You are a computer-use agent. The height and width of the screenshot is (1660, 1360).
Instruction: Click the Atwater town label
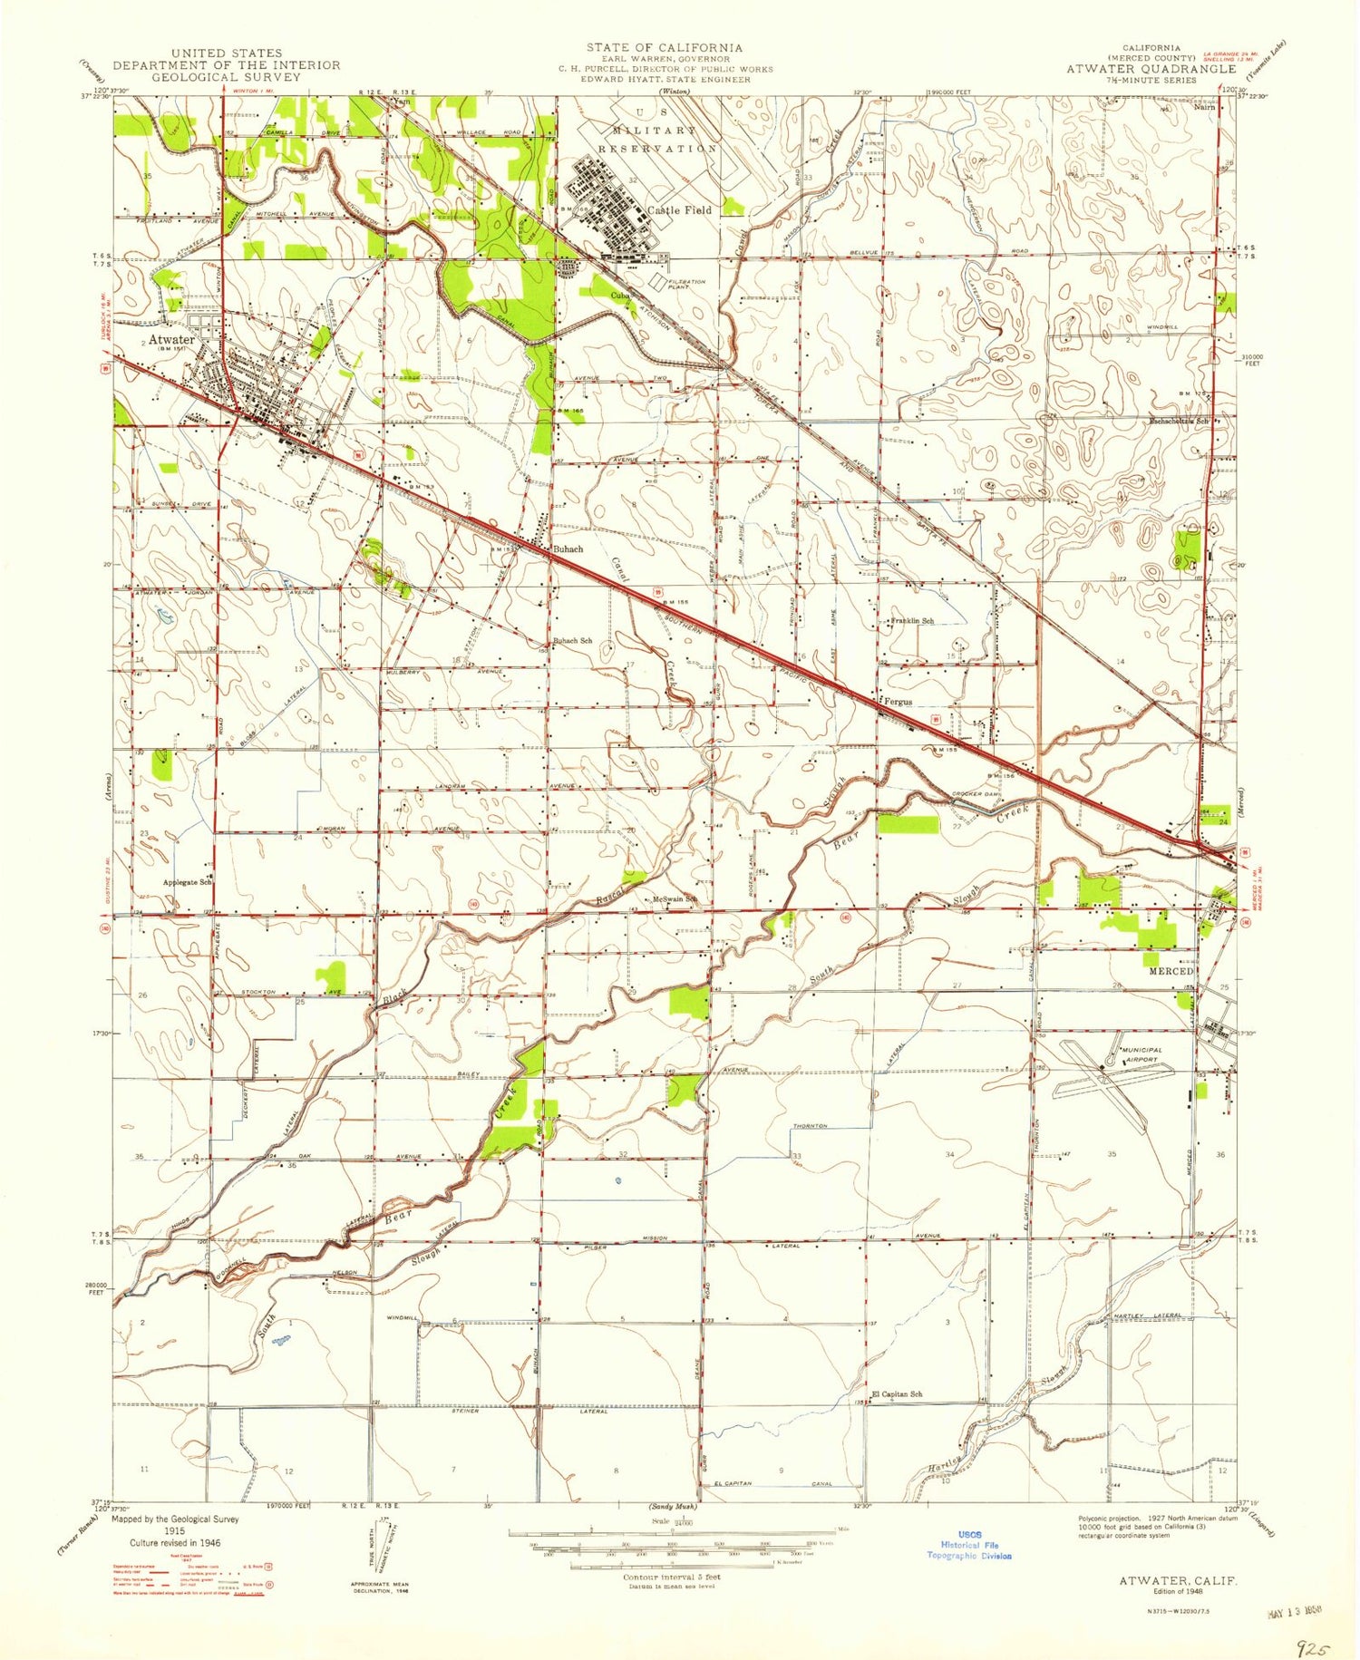(x=170, y=340)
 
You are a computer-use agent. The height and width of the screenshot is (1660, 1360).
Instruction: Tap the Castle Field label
(x=679, y=209)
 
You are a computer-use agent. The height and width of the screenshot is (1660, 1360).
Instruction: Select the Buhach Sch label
(x=573, y=640)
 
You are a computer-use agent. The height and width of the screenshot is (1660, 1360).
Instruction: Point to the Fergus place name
(x=898, y=702)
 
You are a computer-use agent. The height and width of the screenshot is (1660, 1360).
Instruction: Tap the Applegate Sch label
(x=187, y=882)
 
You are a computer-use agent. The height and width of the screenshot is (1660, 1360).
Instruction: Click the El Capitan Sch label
(x=897, y=1394)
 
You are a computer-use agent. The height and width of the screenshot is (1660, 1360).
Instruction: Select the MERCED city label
(x=1171, y=971)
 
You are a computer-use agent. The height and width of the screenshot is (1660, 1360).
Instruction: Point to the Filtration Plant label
(x=686, y=284)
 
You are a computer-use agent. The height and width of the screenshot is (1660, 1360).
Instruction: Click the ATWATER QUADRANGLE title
(x=1150, y=69)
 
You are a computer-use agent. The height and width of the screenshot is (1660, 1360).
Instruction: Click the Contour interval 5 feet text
(x=671, y=1577)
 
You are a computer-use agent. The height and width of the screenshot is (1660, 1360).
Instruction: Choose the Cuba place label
(x=620, y=296)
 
